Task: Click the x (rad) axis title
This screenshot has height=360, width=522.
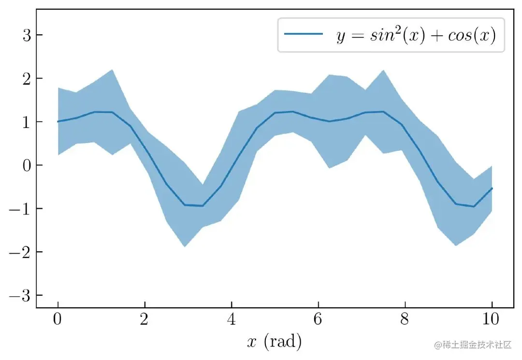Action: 274,342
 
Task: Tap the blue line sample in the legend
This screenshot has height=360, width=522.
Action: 303,34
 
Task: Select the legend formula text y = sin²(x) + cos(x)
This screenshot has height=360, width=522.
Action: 416,35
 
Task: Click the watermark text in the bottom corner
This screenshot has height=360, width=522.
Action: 473,345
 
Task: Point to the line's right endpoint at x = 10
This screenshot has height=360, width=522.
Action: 492,188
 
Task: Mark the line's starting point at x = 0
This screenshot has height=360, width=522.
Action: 58,121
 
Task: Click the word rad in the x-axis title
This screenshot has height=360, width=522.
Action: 283,342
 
